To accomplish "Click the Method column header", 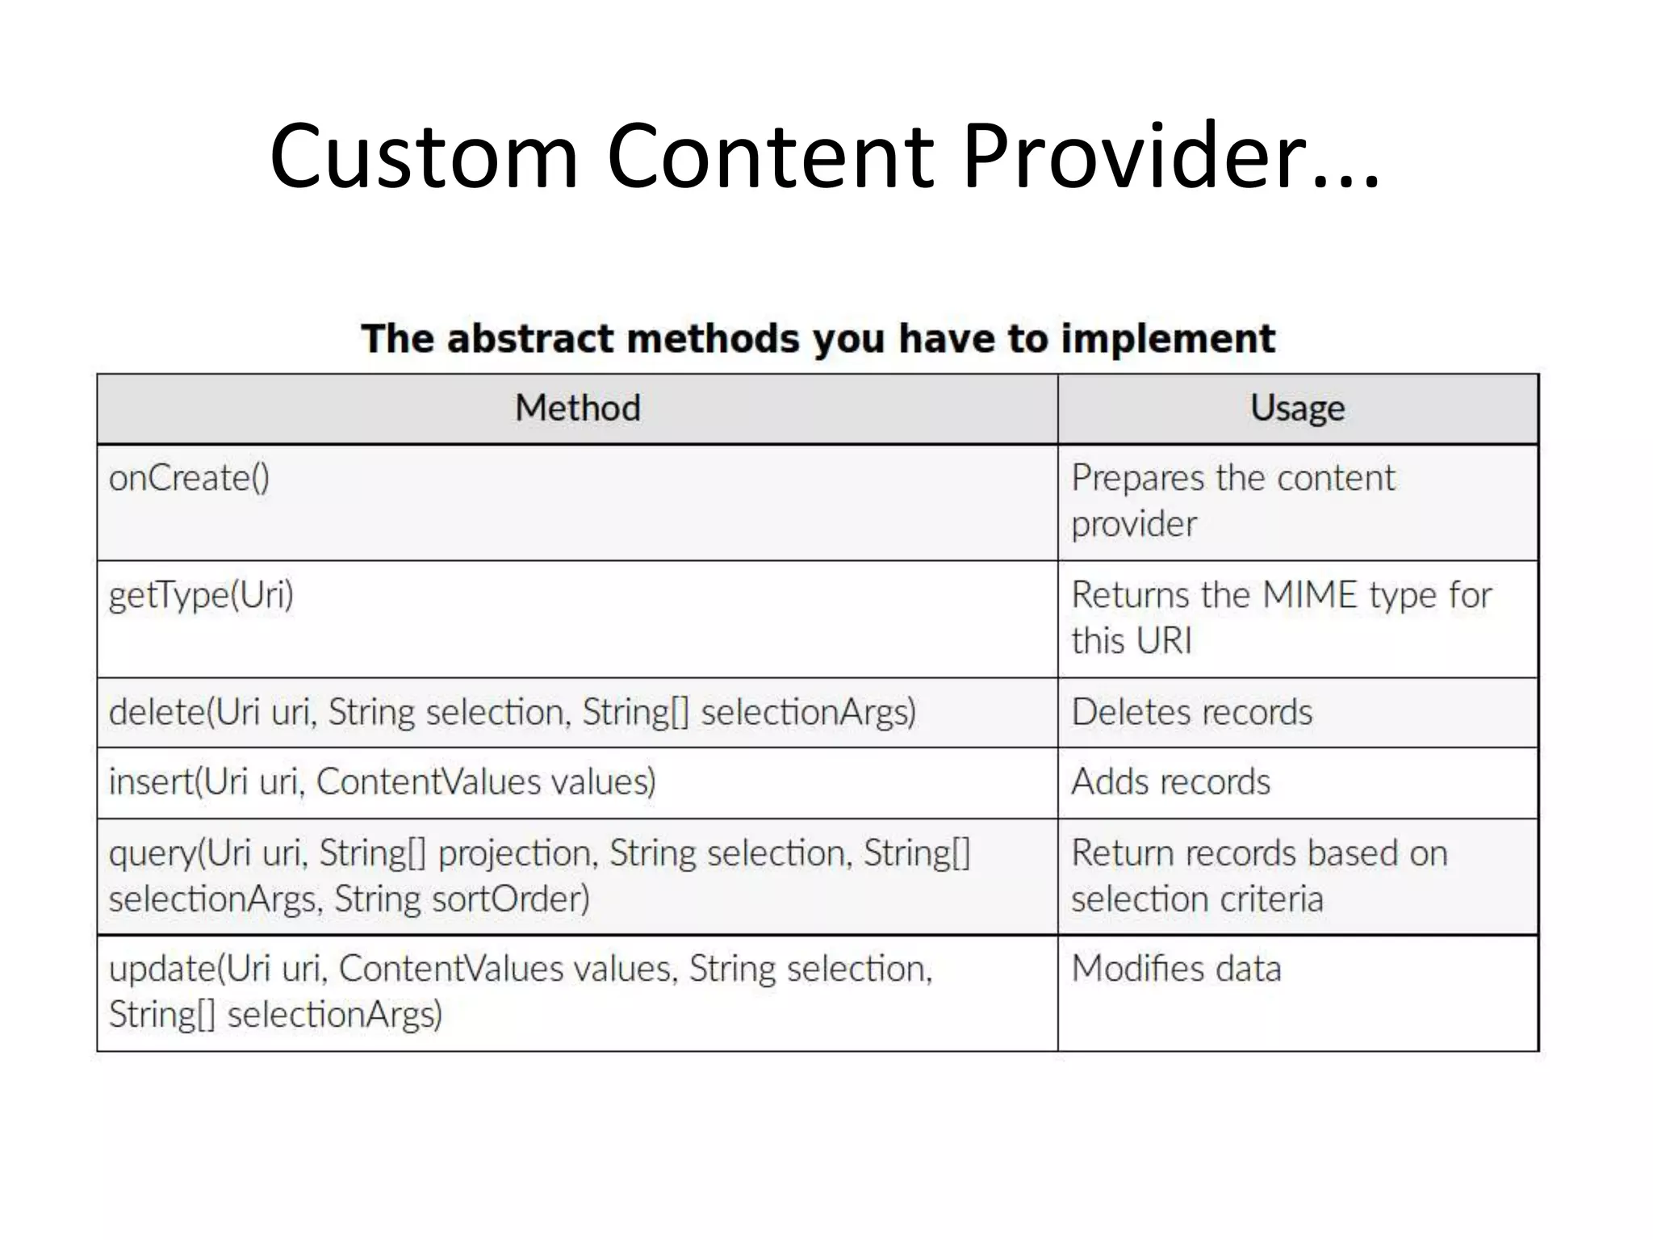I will (578, 408).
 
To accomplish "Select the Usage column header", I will (1297, 408).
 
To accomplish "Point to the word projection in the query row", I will (517, 854).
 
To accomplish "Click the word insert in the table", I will (152, 781).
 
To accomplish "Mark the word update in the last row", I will (162, 969).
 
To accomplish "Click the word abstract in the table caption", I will (532, 339).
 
